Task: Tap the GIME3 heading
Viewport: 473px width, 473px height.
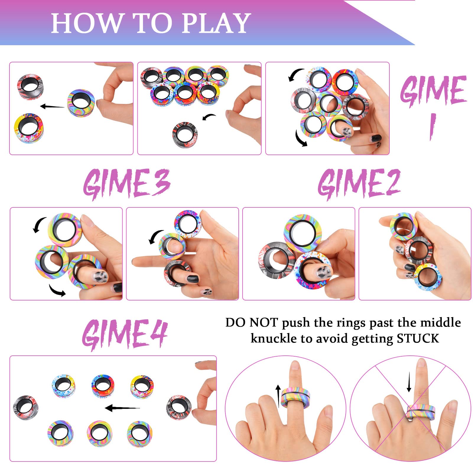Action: (x=127, y=184)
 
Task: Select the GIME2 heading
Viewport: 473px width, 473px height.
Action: (x=359, y=183)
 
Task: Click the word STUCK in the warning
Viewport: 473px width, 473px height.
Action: (x=418, y=338)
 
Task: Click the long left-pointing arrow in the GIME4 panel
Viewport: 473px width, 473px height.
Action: (x=122, y=408)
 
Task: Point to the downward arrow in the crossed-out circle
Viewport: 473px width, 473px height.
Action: (x=409, y=382)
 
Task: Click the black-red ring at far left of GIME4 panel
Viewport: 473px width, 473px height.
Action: (x=26, y=408)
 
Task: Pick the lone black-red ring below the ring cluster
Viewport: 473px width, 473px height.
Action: (x=185, y=135)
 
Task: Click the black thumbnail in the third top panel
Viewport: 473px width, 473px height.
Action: (x=376, y=138)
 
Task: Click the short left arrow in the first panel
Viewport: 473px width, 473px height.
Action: (x=52, y=106)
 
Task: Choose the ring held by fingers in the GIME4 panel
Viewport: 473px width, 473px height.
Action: (x=179, y=408)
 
